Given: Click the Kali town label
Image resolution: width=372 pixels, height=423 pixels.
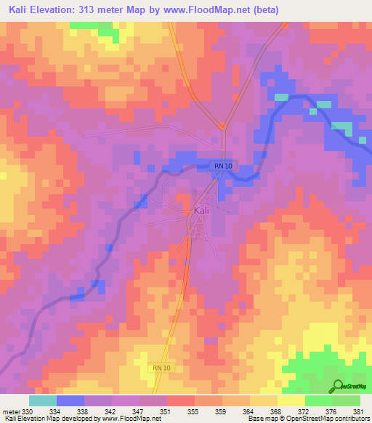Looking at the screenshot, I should (x=203, y=211).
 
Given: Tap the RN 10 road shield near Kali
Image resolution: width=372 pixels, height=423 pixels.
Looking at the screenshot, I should (x=223, y=166).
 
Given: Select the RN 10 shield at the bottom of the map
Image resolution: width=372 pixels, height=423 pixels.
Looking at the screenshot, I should (x=162, y=368).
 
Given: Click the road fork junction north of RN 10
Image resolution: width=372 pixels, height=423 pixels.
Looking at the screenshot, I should (x=222, y=126).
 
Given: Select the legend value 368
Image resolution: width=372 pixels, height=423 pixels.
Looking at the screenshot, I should (x=277, y=412).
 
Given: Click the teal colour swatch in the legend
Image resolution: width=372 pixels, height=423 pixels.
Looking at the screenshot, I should (x=43, y=400).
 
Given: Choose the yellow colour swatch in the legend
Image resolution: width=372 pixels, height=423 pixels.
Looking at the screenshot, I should (x=291, y=400).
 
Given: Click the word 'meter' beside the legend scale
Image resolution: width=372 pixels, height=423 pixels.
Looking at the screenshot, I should (x=10, y=412).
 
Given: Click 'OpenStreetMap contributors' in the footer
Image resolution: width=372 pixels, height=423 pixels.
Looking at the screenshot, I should (x=333, y=419).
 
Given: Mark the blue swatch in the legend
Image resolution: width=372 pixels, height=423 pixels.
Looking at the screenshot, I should (x=70, y=400).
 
